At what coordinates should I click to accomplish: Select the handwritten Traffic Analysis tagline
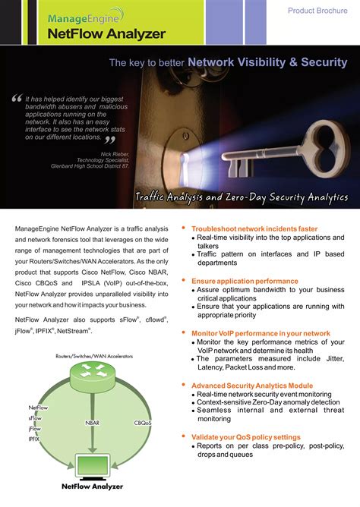click(x=242, y=197)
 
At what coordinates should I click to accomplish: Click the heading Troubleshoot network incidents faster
click(x=254, y=228)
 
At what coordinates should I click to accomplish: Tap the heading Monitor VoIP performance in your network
click(x=260, y=333)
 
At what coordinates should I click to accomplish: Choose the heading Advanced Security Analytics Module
click(x=251, y=386)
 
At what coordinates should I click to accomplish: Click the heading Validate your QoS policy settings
click(x=245, y=437)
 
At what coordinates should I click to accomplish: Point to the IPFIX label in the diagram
click(x=35, y=439)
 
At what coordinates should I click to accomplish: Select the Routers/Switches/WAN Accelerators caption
click(x=93, y=355)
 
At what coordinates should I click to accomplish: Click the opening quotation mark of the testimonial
click(x=17, y=99)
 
